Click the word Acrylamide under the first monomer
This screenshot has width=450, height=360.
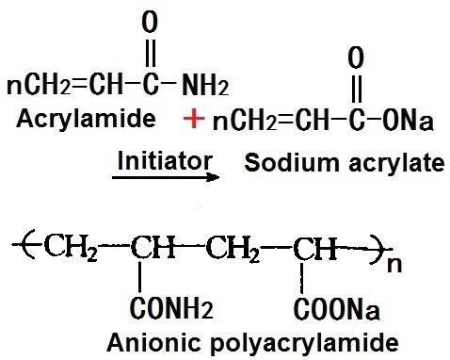tap(86, 120)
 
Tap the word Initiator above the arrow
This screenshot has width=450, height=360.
tap(165, 161)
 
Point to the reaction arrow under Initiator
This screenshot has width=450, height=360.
tap(166, 177)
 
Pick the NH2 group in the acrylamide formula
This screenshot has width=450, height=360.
tap(205, 85)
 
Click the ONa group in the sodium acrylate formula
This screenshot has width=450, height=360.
tap(408, 121)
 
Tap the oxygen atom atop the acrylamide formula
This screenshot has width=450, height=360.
tap(150, 23)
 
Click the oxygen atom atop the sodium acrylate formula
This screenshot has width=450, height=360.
tap(356, 58)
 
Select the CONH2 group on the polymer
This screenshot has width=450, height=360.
tap(171, 307)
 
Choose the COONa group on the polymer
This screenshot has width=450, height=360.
tap(337, 308)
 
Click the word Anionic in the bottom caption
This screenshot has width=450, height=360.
tap(153, 342)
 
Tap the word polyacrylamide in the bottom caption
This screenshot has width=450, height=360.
tap(304, 343)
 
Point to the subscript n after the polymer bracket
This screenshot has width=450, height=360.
tap(394, 265)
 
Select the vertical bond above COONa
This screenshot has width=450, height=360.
tap(301, 278)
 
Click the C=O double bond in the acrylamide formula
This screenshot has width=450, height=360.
tap(151, 53)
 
